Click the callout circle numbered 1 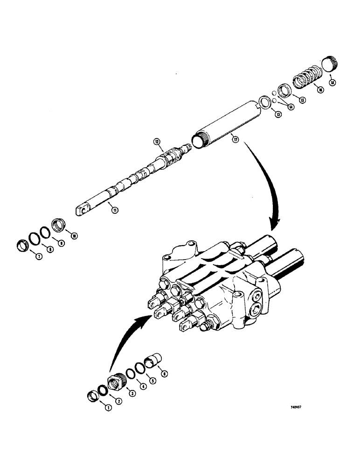pyautogui.click(x=109, y=408)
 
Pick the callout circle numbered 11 pyautogui.click(x=115, y=210)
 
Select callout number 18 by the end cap pyautogui.click(x=332, y=82)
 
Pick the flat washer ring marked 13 pyautogui.click(x=265, y=102)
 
